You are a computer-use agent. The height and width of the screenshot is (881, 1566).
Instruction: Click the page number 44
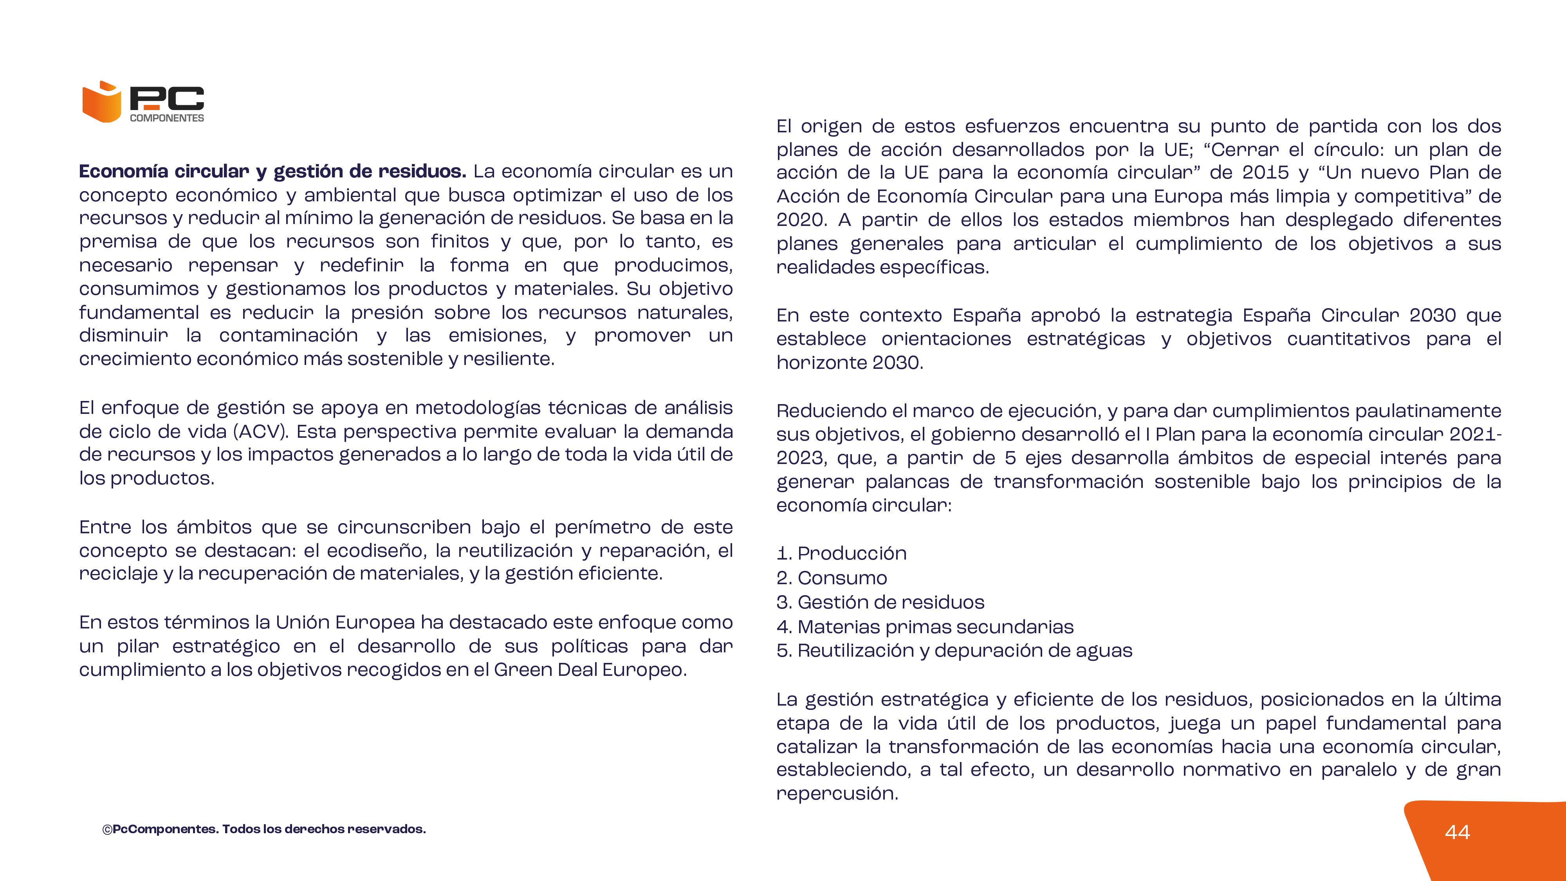tap(1457, 832)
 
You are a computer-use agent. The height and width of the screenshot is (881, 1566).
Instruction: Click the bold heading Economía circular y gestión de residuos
tap(272, 172)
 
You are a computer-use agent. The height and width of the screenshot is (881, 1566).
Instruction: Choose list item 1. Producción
tap(841, 553)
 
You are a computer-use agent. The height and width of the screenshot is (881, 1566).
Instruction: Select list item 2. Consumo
tap(832, 578)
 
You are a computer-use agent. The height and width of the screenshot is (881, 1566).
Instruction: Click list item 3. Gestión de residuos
tap(880, 602)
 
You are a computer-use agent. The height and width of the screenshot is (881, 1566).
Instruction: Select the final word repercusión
tap(837, 793)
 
